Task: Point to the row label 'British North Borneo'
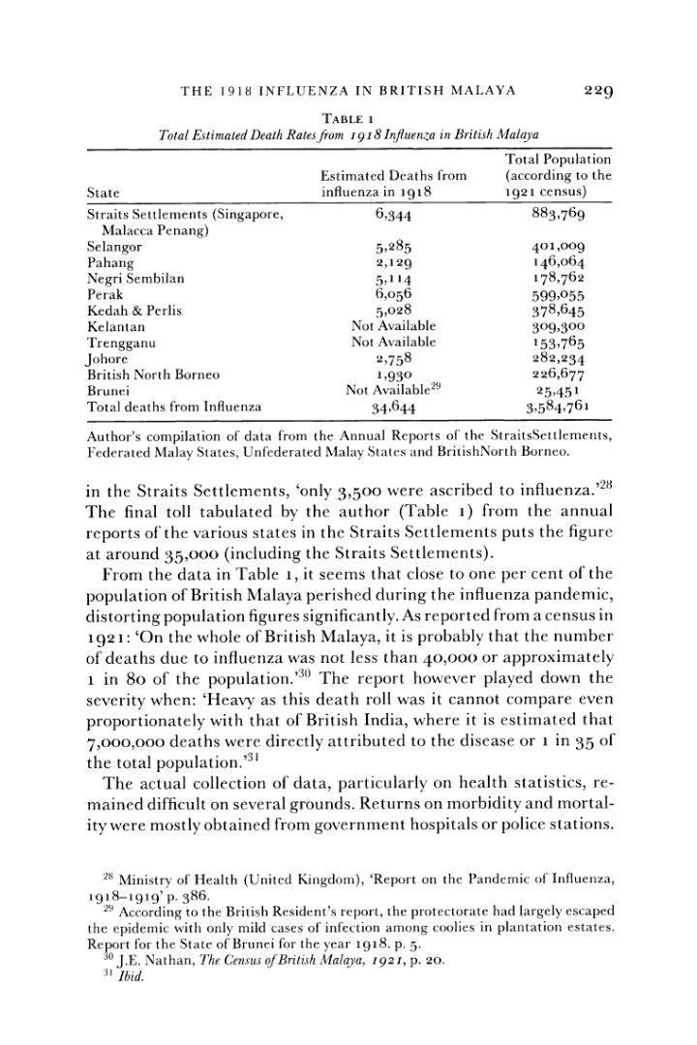[153, 374]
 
